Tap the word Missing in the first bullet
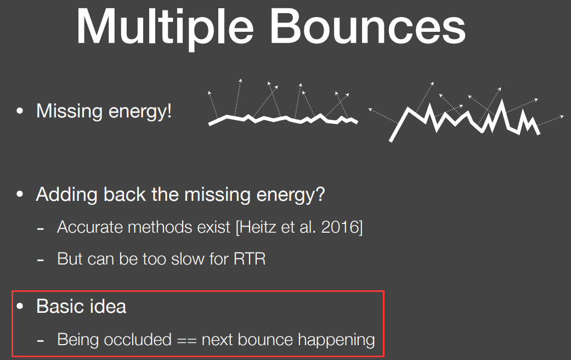click(x=69, y=111)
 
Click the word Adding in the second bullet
click(x=66, y=195)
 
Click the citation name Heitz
click(x=257, y=227)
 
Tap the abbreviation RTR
click(x=250, y=258)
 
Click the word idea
click(x=108, y=306)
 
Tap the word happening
click(x=336, y=340)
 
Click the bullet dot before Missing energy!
click(x=20, y=111)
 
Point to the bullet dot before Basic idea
click(x=20, y=306)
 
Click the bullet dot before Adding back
click(x=20, y=195)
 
